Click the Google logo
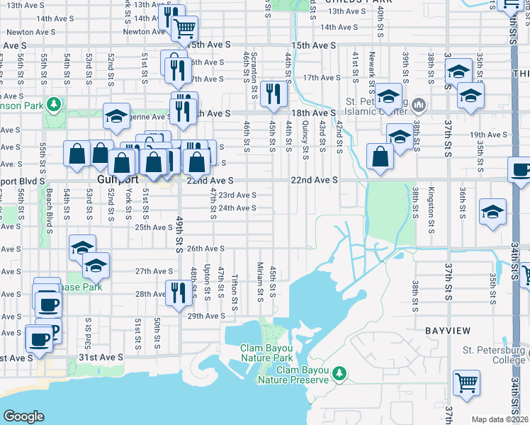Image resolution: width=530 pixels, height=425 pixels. (23, 416)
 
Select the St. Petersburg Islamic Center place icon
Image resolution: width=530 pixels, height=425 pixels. (419, 106)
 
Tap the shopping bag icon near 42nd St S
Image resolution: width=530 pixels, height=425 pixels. (380, 157)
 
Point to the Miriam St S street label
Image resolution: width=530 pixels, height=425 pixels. (261, 281)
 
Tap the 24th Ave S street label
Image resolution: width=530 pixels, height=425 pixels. (237, 208)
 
